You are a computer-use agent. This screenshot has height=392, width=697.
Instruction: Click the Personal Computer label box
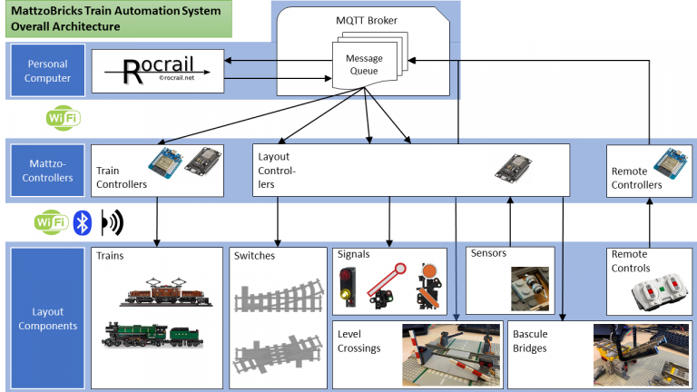tap(48, 71)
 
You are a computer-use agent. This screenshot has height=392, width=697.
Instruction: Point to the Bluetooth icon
tap(83, 222)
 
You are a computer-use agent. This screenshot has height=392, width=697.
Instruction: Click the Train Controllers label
tap(122, 177)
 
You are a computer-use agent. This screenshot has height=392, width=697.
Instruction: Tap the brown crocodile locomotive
tap(161, 289)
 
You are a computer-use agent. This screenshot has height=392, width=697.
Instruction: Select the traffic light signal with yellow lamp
tap(346, 284)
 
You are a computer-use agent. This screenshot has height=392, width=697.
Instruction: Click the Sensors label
tap(488, 254)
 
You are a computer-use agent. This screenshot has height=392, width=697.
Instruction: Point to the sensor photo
tap(530, 288)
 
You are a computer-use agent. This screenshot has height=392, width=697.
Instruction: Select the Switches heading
tap(254, 255)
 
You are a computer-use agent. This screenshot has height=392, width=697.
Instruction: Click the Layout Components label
tap(48, 317)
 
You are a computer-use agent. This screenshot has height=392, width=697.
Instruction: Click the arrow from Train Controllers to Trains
tap(158, 222)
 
